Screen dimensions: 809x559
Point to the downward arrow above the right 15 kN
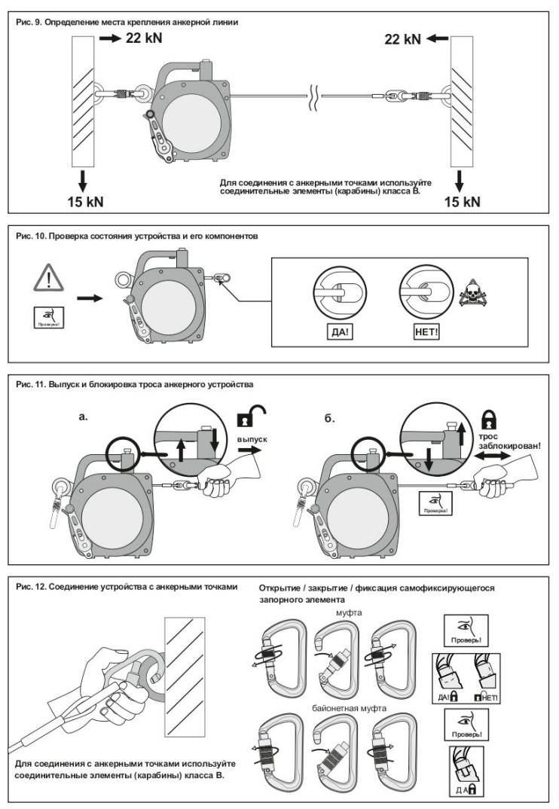click(x=460, y=180)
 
